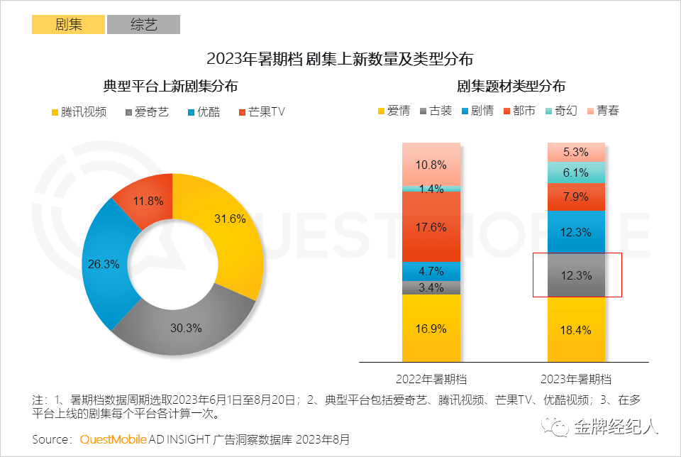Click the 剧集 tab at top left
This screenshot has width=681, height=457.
[68, 25]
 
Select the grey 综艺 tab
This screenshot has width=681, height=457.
[143, 25]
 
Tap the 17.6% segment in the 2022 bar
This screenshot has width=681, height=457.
[431, 227]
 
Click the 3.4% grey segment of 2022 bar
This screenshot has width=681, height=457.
[431, 287]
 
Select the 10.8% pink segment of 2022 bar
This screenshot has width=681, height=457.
[431, 165]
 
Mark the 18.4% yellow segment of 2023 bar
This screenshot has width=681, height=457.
[576, 329]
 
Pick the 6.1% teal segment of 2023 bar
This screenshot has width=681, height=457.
[576, 172]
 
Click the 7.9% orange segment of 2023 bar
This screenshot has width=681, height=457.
[576, 197]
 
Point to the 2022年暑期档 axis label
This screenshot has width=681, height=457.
[431, 378]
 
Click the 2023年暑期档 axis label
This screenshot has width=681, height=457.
[576, 378]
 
